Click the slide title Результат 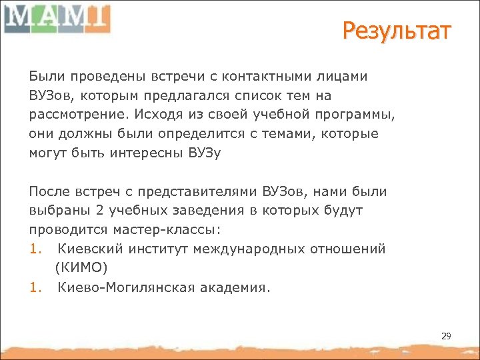tap(397, 31)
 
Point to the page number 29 tap(446, 336)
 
